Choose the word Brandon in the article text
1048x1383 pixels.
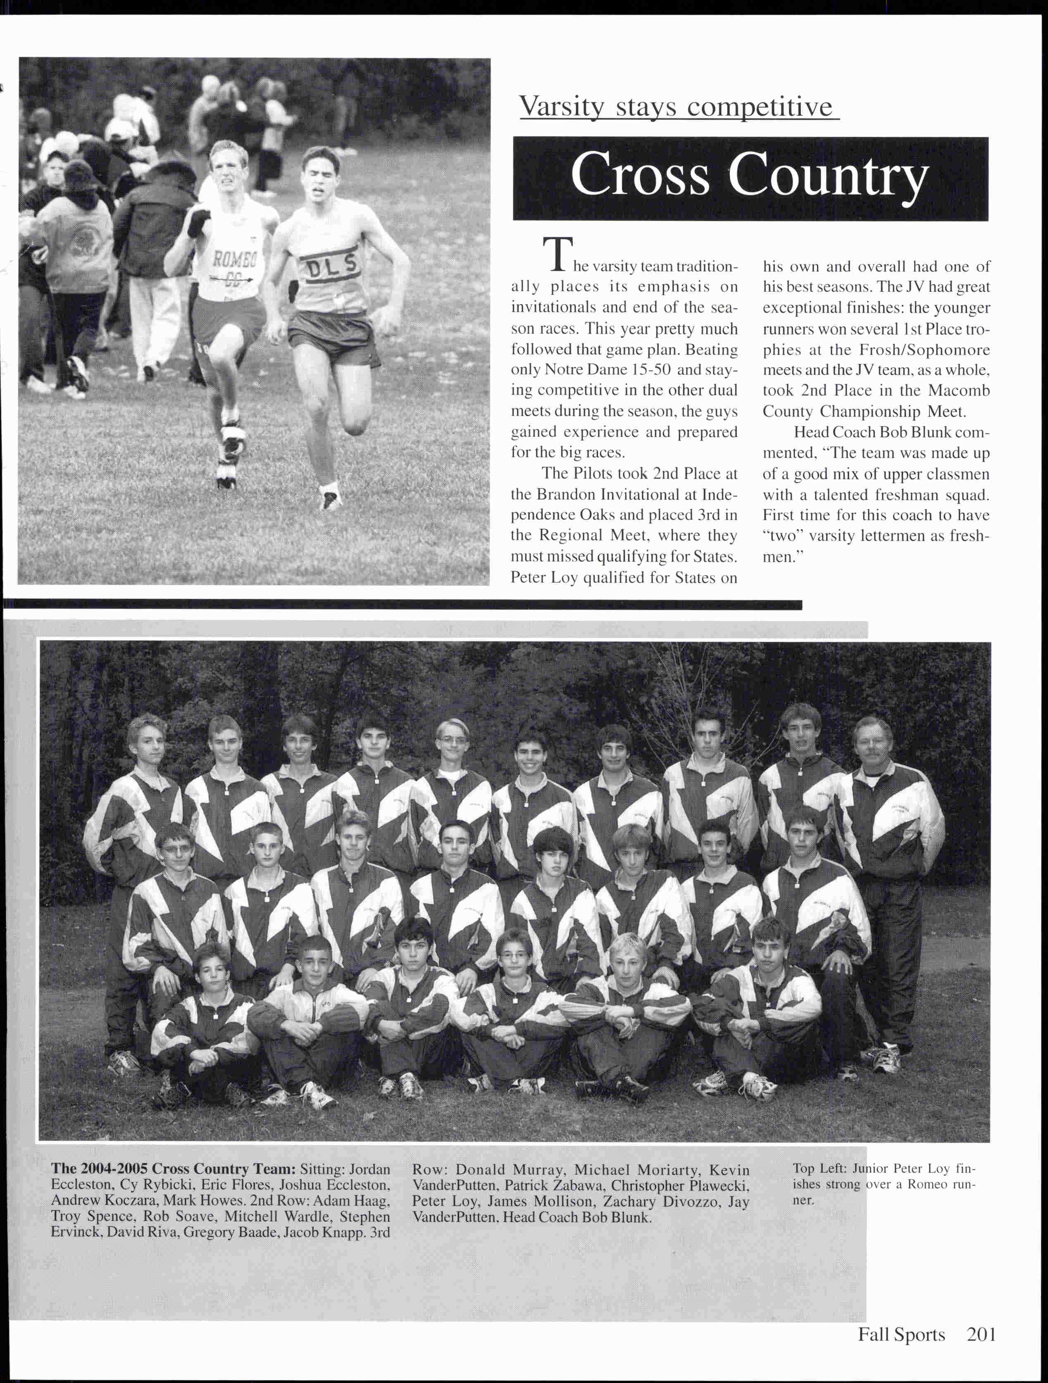pos(567,494)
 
